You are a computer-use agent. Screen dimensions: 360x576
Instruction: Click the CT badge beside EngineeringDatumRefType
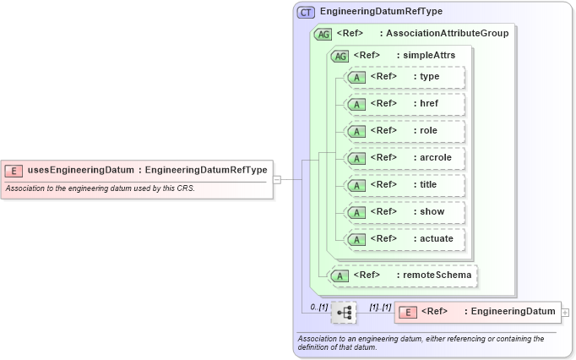306,12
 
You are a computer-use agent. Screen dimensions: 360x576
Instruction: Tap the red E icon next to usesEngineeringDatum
14,170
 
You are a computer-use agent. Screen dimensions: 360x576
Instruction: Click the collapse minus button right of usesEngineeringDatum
276,179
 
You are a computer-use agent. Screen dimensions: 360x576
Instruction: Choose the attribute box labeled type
405,77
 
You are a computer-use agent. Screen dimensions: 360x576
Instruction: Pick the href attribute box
405,104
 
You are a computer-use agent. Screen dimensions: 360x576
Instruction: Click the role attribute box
405,131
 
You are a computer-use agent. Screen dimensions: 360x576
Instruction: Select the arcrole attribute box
405,158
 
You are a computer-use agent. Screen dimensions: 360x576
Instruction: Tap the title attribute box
405,185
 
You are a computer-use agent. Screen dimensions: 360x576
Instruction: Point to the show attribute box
405,212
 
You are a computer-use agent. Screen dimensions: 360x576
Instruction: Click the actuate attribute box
405,239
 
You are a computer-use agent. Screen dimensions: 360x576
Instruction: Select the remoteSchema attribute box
403,275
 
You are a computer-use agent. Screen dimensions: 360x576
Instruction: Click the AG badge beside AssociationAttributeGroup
323,34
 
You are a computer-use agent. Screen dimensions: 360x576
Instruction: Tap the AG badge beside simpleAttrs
340,56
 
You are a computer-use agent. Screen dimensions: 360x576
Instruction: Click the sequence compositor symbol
344,313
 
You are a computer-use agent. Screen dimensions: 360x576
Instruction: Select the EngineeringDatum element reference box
477,312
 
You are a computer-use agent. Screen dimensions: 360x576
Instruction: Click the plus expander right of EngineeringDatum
565,313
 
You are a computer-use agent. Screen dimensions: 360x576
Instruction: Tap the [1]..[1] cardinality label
380,306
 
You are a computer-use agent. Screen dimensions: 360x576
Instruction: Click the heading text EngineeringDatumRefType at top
381,12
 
